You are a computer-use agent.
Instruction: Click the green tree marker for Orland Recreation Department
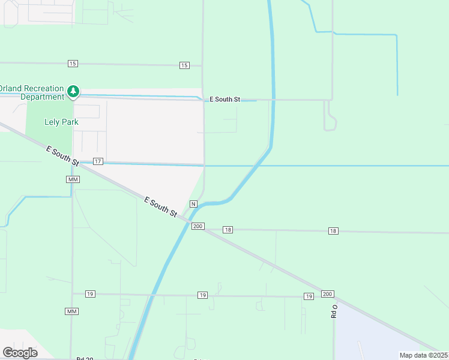coord(73,91)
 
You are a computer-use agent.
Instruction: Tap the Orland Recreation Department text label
coord(33,92)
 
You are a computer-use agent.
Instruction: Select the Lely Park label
coord(62,122)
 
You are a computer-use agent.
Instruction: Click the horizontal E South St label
coord(224,99)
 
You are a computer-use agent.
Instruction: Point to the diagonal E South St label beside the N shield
coord(161,206)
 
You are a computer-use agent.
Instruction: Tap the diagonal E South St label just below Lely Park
coord(62,155)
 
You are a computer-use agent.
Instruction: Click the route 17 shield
coord(98,161)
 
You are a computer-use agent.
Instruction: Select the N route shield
coord(193,204)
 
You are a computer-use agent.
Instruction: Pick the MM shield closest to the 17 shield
coord(73,179)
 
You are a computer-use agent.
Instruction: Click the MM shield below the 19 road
coord(71,311)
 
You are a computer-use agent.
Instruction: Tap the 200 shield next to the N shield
coord(198,226)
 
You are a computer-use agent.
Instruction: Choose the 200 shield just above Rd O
coord(327,293)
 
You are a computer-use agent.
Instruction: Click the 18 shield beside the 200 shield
coord(228,230)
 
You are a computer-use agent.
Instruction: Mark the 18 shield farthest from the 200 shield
coord(334,231)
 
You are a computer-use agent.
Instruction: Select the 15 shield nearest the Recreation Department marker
coord(73,64)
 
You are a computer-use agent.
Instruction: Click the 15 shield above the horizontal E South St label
coord(184,65)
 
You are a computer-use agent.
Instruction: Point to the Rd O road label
coord(335,311)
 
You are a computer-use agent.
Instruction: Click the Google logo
coord(20,353)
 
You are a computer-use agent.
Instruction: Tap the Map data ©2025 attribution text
coord(424,355)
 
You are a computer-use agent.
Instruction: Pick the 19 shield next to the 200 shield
coord(309,296)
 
